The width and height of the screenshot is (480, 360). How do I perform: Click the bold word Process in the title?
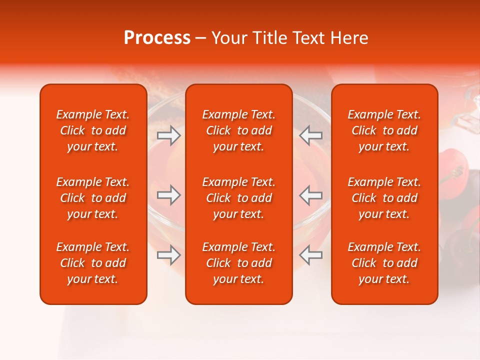(x=157, y=38)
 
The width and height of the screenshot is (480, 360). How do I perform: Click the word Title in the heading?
(x=268, y=38)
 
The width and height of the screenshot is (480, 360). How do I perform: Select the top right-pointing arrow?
(x=169, y=134)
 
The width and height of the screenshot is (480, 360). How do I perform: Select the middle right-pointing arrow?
(x=169, y=195)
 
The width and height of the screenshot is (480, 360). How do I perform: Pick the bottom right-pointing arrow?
(x=169, y=255)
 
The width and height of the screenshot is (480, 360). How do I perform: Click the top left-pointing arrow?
(x=311, y=134)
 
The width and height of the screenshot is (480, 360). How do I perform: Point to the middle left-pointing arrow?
(x=311, y=195)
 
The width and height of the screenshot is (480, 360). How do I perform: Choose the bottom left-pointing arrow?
(x=311, y=255)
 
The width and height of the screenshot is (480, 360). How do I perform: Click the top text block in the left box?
(x=93, y=130)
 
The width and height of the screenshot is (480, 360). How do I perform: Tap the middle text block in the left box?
(x=93, y=198)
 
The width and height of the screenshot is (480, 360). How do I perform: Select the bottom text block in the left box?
(x=93, y=263)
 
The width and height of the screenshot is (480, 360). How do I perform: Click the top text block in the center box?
(x=238, y=130)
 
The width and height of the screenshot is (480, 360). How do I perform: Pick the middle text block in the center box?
(x=238, y=198)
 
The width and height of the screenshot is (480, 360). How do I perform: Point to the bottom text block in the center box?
(x=238, y=263)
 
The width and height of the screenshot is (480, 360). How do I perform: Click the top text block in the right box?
(x=384, y=130)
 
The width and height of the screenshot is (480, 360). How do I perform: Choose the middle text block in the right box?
(x=384, y=198)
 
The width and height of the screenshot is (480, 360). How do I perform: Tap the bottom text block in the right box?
(x=384, y=263)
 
